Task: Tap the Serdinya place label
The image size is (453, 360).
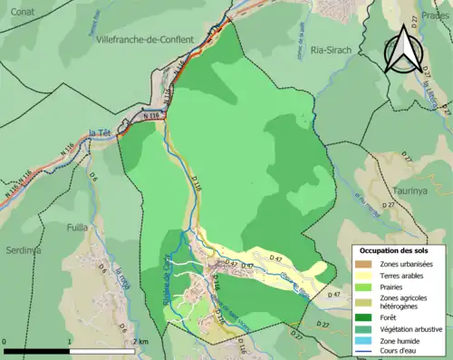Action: point(21,248)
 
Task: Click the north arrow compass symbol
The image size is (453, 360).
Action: point(403,50)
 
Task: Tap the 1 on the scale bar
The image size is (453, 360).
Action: point(70,342)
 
